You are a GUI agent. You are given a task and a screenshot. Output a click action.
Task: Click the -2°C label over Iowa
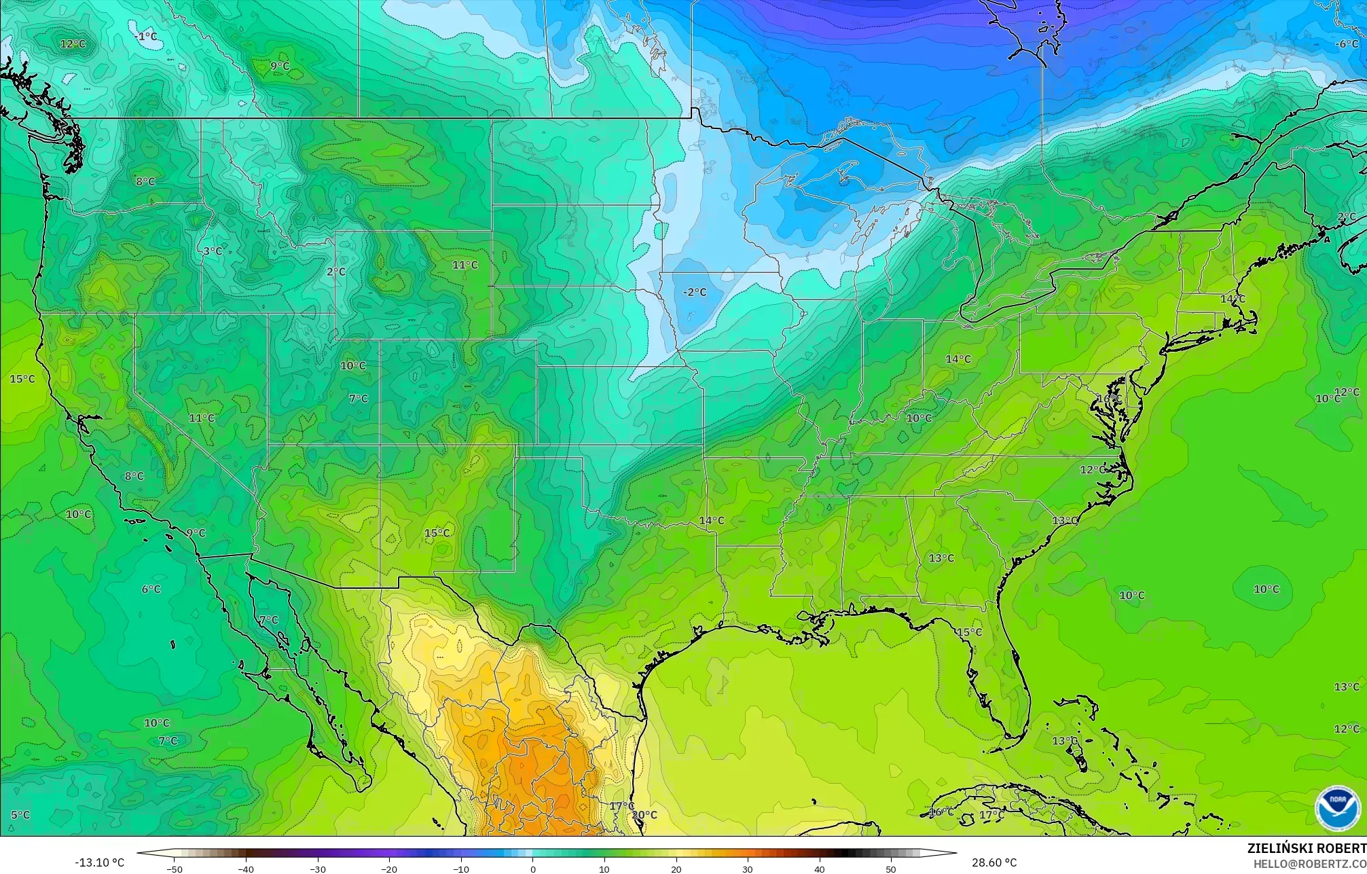coord(694,292)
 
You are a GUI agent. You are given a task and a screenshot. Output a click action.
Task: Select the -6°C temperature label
coord(1347,44)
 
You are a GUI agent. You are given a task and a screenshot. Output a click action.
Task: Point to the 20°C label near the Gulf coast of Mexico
coord(644,814)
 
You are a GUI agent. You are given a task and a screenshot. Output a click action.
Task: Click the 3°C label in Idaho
coord(213,251)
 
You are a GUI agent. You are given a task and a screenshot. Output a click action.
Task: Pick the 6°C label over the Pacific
coord(151,589)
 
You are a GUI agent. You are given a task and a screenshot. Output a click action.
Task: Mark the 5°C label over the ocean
coord(20,814)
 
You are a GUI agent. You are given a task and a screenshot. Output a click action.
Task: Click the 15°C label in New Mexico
coord(437,533)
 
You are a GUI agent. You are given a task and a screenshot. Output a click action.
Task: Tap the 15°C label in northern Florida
coord(968,632)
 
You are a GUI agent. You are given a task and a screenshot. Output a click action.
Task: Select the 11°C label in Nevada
coord(202,418)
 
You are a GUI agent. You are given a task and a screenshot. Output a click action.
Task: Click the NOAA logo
coord(1337,808)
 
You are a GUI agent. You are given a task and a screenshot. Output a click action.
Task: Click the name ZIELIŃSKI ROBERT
coord(1307,848)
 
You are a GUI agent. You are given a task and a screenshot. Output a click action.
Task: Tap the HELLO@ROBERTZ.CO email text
coord(1309,864)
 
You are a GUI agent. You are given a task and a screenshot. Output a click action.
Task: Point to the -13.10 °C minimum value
coord(99,862)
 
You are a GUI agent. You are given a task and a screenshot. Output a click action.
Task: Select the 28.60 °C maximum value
coord(994,862)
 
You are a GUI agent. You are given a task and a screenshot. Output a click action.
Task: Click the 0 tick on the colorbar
coord(532,869)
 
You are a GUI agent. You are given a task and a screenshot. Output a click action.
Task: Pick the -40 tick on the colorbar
coord(246,869)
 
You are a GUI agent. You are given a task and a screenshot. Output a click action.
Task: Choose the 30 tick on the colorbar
coord(748,869)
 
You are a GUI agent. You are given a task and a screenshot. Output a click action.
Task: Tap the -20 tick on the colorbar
coord(389,869)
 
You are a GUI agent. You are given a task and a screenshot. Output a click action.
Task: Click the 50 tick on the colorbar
coord(891,869)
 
